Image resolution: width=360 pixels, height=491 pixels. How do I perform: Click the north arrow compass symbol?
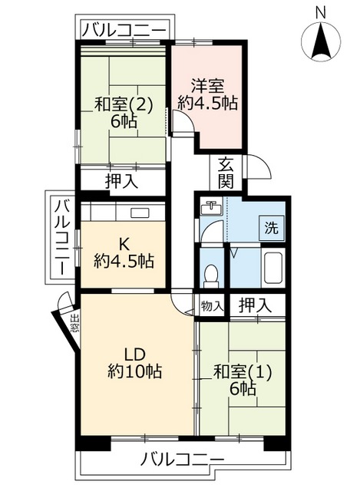click(x=321, y=41)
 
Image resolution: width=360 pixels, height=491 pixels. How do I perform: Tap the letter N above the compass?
click(x=321, y=12)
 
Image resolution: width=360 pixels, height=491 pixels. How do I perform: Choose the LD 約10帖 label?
click(x=135, y=363)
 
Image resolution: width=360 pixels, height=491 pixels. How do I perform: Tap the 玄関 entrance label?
click(x=226, y=172)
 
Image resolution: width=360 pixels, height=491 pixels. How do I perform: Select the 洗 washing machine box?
click(x=270, y=227)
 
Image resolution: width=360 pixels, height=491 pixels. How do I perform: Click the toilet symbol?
click(x=211, y=274)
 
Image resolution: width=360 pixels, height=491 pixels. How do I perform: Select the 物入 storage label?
click(x=211, y=305)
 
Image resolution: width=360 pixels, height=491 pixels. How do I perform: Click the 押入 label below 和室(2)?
click(x=121, y=182)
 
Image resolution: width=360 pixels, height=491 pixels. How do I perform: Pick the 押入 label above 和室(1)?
click(x=253, y=305)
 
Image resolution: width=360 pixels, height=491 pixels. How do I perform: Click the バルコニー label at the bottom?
click(x=182, y=460)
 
